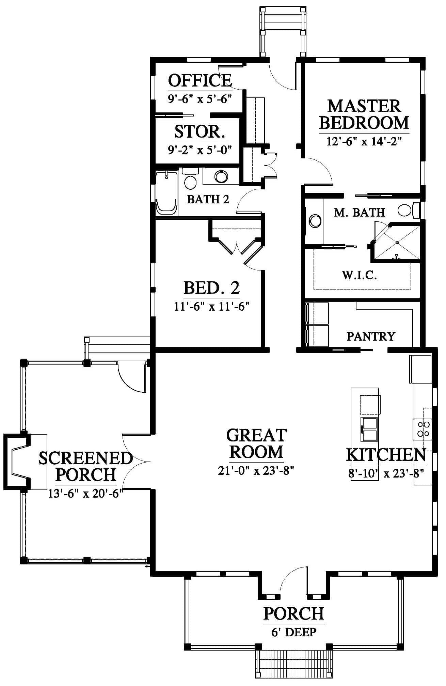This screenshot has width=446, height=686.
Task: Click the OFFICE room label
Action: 200,80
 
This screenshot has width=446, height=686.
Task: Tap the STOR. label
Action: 200,131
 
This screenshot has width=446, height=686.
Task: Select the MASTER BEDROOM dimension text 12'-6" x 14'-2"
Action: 364,141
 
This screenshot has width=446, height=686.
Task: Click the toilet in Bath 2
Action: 190,178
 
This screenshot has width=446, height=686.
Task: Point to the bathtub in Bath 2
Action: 166,193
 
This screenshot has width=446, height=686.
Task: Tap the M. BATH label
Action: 360,213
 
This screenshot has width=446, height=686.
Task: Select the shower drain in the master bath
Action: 397,243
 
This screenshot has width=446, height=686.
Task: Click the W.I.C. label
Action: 360,275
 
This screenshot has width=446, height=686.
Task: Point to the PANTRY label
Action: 371,337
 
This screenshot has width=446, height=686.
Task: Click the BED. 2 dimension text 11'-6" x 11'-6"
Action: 212,307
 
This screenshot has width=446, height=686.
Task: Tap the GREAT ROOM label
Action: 256,444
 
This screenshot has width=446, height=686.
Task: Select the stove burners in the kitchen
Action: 423,429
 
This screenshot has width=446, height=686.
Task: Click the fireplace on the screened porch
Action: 16,462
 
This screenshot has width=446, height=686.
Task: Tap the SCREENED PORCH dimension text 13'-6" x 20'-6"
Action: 85,494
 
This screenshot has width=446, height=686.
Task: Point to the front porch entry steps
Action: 294,667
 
